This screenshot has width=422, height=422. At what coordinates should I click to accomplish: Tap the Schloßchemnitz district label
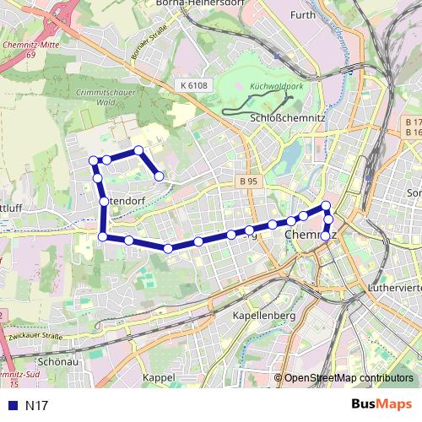tap(289, 119)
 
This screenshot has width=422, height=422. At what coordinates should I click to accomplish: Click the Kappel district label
tap(160, 376)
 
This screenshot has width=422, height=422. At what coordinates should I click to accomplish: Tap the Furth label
tap(301, 14)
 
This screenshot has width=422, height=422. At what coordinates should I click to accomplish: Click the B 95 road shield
tap(248, 181)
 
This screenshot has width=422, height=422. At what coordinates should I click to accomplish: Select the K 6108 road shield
tap(192, 85)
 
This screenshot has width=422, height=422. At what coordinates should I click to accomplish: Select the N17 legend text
tap(36, 405)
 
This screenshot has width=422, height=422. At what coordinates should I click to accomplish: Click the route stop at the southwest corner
tap(103, 237)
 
